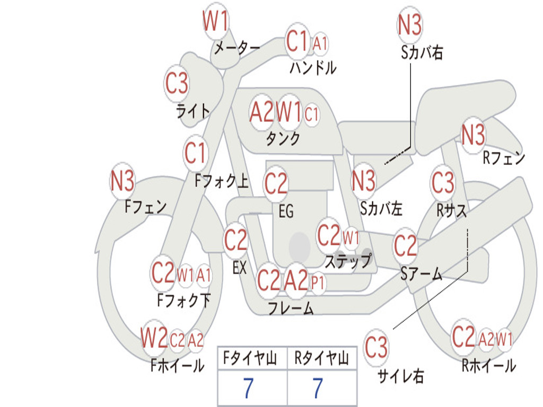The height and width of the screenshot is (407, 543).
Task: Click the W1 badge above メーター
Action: coord(215,21)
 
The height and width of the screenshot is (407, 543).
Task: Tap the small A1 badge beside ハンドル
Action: coord(320,44)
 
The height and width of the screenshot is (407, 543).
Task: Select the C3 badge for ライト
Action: coord(177,83)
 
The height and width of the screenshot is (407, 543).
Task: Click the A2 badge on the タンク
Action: coord(262,112)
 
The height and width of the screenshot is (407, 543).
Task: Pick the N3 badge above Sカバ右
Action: coord(409,24)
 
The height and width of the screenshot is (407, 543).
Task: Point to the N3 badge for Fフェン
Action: coord(122,181)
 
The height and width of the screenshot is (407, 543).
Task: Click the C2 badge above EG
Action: coord(276,183)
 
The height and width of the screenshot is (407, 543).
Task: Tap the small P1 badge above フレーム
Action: coord(318,284)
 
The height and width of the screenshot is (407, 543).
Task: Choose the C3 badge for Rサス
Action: coord(443,182)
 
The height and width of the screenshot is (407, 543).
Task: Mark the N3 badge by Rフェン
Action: coord(474,135)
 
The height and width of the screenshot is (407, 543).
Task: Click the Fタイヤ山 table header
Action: coord(250,358)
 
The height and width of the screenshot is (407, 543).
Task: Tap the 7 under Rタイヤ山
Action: coord(318,388)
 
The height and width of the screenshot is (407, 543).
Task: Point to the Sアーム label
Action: coord(422,274)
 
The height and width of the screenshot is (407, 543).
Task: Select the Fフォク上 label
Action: coord(222,181)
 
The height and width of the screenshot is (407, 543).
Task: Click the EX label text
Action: coord(240,268)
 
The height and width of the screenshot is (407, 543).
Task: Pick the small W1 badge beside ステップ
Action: coord(351,238)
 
